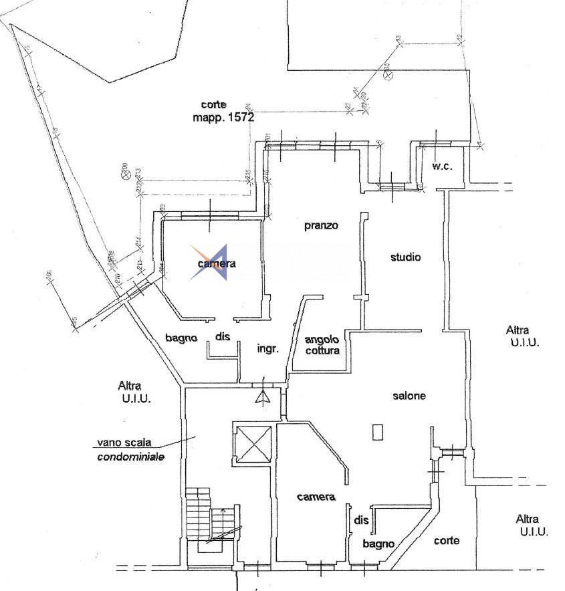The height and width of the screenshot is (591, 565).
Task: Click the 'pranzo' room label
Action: point(321,225)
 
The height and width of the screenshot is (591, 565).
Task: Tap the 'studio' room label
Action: point(405,256)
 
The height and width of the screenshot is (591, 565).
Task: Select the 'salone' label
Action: point(409,396)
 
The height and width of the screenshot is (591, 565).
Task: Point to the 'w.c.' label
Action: point(441,166)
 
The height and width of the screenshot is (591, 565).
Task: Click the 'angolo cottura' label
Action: point(322,344)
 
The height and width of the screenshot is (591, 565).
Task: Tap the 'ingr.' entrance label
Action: point(267,348)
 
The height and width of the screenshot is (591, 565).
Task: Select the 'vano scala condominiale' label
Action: point(130,449)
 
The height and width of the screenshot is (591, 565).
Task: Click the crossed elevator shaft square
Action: point(251,444)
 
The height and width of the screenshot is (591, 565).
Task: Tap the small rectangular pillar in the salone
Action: point(378,432)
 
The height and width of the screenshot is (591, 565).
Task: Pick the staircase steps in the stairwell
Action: point(199,513)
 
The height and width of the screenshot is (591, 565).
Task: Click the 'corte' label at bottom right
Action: point(446,540)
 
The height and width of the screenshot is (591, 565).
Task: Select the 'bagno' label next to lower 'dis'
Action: point(378,544)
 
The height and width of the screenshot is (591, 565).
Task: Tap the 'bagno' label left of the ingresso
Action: point(181,338)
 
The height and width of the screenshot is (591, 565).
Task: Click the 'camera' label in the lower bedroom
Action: point(316,497)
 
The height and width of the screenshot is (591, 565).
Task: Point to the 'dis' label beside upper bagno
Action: point(223,337)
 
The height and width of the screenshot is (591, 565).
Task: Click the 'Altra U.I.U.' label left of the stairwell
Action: point(134,392)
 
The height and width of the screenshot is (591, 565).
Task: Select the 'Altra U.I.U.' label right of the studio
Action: point(522,336)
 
